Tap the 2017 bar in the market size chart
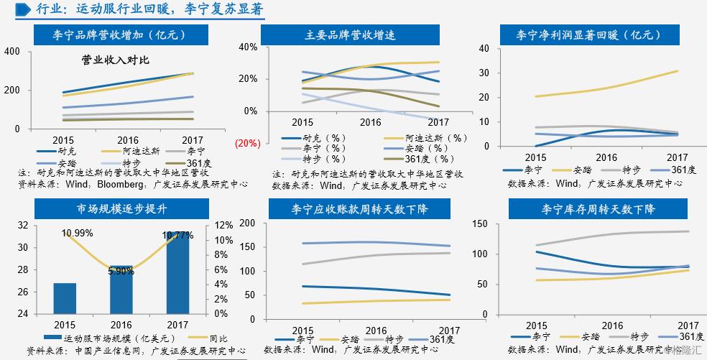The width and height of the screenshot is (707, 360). [177, 273]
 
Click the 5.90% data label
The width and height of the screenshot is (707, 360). [121, 272]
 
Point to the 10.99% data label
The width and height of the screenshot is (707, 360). [77, 233]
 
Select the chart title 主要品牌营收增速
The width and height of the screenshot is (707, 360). [351, 34]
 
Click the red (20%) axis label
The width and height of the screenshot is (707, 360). [246, 143]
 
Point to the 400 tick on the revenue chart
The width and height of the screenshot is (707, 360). [11, 51]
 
